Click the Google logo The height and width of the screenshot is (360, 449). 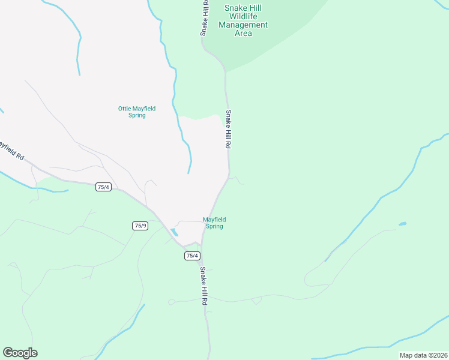coord(20,353)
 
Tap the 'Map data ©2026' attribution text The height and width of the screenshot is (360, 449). coord(423,355)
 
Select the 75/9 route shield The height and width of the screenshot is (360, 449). coord(140,226)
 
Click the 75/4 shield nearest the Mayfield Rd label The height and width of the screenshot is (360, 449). coord(103,187)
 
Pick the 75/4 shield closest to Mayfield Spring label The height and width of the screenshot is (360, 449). coord(191,256)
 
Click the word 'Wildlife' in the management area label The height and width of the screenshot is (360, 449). coord(243,16)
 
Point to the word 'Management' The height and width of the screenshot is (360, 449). coord(243,25)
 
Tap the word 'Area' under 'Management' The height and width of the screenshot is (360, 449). coord(243,34)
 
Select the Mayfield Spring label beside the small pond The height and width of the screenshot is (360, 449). coord(214,223)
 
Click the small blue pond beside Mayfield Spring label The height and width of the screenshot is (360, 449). coord(174,232)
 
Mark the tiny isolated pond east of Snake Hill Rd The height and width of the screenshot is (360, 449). coord(402,224)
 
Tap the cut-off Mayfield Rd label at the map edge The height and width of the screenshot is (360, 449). coord(12,151)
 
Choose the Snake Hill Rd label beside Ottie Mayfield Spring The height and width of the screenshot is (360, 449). coord(228,129)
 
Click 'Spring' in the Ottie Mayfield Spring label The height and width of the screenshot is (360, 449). coord(137,115)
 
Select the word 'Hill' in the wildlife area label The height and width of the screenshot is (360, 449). coord(255,8)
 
